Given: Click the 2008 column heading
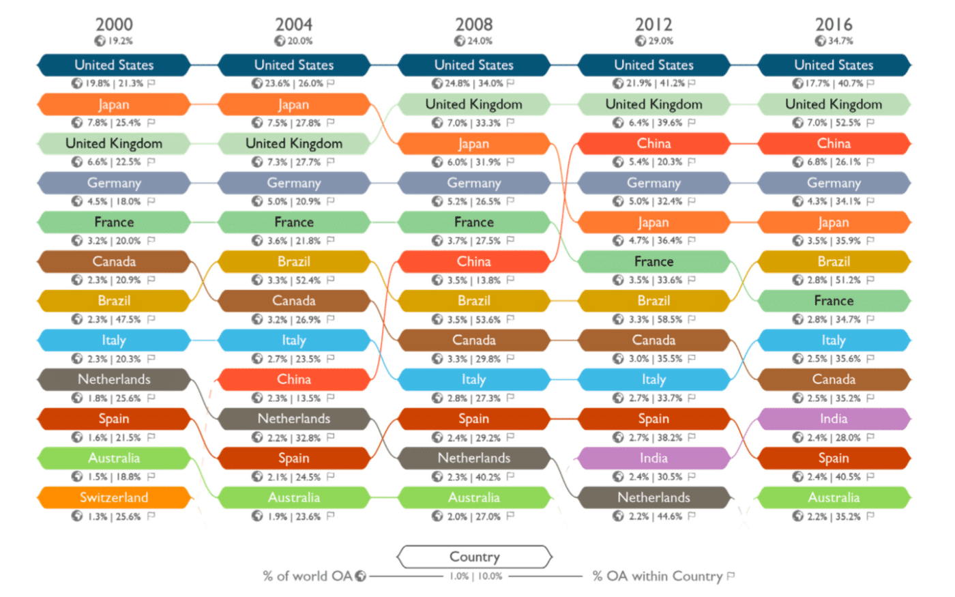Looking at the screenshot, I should point(473,25).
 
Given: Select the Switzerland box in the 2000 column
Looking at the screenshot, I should point(114,497).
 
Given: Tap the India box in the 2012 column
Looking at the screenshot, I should point(653,458).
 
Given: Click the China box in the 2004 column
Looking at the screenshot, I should point(294,379).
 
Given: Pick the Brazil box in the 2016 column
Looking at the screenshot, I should point(834,261).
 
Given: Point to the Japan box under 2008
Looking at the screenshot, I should point(473,144).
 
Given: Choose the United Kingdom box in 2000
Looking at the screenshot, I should point(114,143).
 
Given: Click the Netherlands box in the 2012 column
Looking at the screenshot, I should point(653,497).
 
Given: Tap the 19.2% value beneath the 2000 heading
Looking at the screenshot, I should point(120,41).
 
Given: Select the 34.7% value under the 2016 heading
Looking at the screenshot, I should point(840,41).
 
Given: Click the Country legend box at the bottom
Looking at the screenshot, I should point(474,557).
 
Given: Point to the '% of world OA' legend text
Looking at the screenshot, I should point(308,576).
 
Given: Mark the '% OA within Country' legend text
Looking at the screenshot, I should point(657,576).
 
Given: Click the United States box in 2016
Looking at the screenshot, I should point(834,65).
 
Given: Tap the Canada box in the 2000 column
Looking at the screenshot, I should point(114,261).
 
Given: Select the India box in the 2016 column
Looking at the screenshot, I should point(834,419).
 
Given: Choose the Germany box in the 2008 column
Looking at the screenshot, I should point(473,183).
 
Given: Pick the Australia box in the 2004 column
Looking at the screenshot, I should point(294,497).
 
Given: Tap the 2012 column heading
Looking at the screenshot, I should point(653,25).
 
